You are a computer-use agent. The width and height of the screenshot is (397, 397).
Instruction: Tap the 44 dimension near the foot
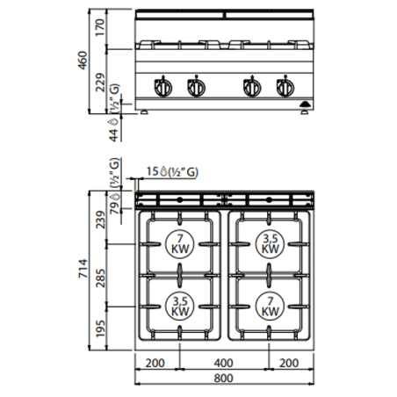112,134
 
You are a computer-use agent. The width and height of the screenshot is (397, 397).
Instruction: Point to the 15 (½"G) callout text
172,172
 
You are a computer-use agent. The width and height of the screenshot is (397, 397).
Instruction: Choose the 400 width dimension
225,362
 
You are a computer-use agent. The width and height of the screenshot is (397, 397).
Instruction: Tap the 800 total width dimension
225,379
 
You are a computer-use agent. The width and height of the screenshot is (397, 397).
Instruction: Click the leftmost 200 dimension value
156,362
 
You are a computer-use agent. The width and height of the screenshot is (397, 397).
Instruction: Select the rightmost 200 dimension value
293,362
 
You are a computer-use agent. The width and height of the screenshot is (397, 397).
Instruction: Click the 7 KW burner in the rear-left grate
179,243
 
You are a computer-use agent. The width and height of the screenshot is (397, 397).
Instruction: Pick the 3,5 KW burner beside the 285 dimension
179,306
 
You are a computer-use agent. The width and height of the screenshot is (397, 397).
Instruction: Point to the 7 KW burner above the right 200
271,306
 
